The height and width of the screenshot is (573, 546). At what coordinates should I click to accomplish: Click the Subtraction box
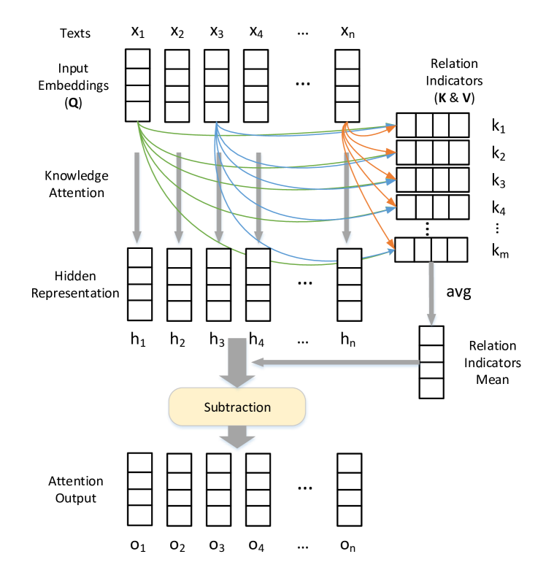(x=237, y=407)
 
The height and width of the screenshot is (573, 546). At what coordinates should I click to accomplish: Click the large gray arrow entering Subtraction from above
(x=237, y=362)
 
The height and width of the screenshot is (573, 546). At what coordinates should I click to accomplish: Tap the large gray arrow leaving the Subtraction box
(x=237, y=438)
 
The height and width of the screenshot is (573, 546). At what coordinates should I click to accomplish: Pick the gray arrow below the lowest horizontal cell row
(x=431, y=293)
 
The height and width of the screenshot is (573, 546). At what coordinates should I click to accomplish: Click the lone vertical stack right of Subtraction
(x=431, y=362)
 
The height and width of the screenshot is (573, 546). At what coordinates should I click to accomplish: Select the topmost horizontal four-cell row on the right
(x=432, y=125)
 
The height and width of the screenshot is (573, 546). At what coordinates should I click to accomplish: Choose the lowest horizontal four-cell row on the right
(x=431, y=250)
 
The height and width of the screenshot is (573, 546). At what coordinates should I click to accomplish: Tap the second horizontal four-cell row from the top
(x=432, y=152)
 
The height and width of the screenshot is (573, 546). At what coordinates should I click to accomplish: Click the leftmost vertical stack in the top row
(x=137, y=85)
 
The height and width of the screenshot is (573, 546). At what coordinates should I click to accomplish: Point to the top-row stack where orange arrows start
(x=347, y=85)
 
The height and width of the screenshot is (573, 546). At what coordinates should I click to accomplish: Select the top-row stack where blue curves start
(x=216, y=85)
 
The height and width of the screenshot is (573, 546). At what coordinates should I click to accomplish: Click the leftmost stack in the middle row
(x=139, y=284)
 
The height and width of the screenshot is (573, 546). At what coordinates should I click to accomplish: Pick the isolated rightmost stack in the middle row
(x=349, y=285)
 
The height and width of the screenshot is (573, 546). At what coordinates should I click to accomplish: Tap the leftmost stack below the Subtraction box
(x=139, y=489)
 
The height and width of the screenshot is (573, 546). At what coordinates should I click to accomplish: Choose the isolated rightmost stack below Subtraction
(x=349, y=489)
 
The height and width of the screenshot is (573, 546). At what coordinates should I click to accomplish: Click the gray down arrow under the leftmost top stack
(x=136, y=197)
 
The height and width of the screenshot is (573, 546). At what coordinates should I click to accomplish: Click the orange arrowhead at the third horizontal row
(x=392, y=177)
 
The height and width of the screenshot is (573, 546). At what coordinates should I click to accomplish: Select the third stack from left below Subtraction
(x=218, y=489)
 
